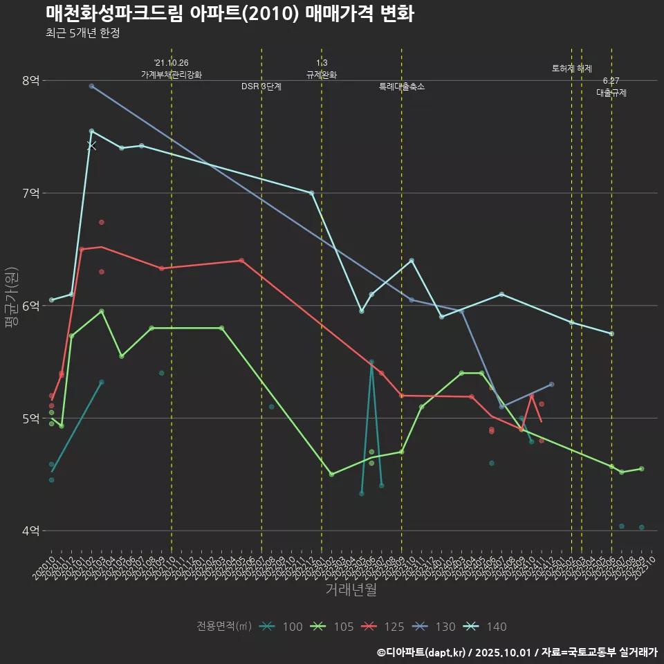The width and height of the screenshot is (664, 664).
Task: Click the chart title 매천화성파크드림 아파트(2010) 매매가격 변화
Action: click(230, 14)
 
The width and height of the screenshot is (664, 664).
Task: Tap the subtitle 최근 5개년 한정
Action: click(83, 33)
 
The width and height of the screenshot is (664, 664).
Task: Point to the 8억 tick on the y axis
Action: click(30, 80)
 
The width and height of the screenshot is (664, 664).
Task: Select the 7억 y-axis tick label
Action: click(30, 193)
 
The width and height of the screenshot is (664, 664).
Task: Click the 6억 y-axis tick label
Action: click(30, 306)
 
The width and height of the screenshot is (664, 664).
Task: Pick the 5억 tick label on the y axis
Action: click(30, 418)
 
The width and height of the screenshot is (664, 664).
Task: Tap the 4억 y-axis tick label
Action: click(30, 531)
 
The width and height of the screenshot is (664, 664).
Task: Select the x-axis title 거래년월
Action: click(351, 590)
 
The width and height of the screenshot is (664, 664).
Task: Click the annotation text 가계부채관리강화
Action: click(172, 75)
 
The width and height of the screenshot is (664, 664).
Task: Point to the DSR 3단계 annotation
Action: click(261, 87)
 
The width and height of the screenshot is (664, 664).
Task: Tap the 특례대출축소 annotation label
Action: click(402, 87)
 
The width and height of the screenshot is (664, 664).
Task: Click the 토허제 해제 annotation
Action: click(572, 68)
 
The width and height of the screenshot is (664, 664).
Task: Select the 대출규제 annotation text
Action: click(611, 93)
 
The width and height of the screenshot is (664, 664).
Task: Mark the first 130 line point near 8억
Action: click(91, 86)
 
